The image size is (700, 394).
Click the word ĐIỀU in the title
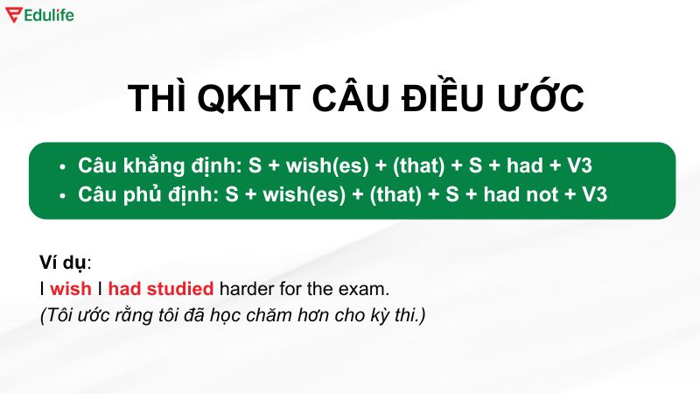click(x=440, y=98)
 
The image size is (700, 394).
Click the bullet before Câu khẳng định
click(x=61, y=166)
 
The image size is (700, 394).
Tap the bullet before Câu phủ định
click(x=61, y=195)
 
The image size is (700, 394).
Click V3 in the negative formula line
click(x=593, y=194)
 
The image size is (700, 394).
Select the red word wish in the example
click(x=70, y=288)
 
